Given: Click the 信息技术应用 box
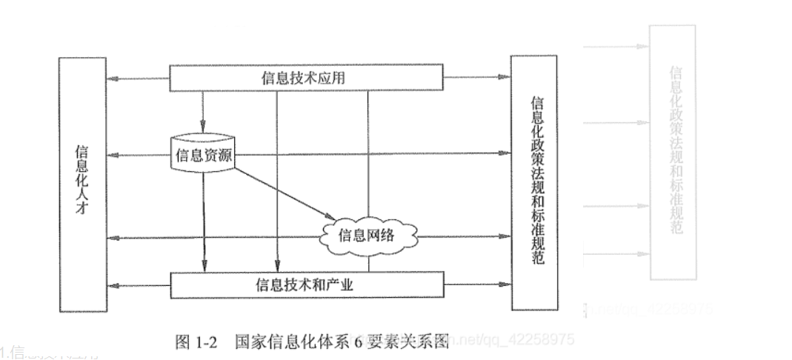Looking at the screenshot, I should (307, 78).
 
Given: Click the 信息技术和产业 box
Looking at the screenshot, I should (307, 284).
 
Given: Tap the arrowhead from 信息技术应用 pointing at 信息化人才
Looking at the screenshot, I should (112, 78).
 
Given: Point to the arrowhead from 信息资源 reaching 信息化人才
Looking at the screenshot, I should (112, 155).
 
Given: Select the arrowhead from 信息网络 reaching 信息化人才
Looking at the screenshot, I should (112, 238).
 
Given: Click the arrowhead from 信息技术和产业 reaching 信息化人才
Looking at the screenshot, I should (112, 284).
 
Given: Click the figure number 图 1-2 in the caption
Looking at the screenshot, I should (194, 341).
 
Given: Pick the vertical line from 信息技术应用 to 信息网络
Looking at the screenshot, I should (368, 148).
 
